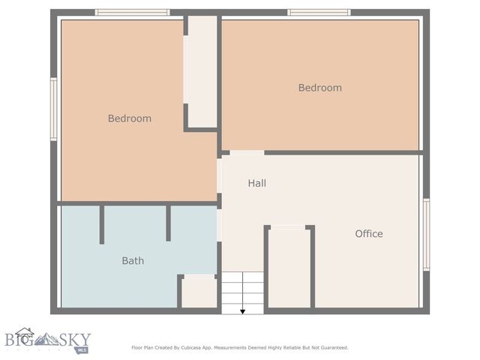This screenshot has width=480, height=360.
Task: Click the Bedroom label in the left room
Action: (x=129, y=118)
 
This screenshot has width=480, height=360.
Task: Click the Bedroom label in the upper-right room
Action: (x=319, y=88)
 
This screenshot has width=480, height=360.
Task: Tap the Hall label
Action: (x=256, y=183)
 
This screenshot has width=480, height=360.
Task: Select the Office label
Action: (x=368, y=234)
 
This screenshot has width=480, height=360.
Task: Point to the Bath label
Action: (x=133, y=261)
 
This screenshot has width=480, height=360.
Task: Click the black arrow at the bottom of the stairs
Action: (x=242, y=310)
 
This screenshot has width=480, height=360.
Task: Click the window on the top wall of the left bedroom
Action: (x=132, y=13)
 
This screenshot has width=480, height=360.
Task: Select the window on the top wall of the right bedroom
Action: (x=319, y=13)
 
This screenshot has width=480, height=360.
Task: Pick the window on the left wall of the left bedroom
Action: (x=54, y=109)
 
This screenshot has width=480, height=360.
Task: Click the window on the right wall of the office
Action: (x=426, y=234)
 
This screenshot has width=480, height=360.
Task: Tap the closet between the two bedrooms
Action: (x=201, y=71)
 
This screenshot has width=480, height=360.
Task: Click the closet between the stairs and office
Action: (x=289, y=266)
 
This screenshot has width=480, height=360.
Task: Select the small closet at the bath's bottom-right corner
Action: (x=199, y=292)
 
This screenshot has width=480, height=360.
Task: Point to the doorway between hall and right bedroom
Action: (x=246, y=153)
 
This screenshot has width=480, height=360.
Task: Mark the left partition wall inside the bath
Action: (x=102, y=224)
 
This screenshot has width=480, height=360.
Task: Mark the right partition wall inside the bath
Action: (x=168, y=223)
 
